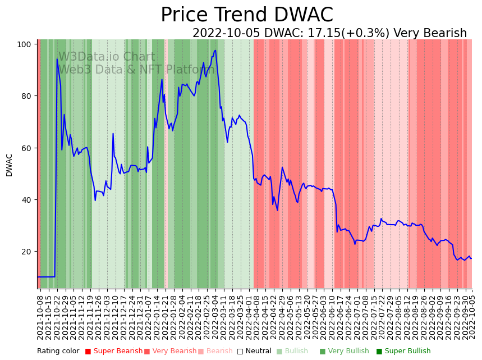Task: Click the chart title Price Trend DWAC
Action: [x=247, y=15]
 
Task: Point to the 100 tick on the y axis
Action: [x=26, y=44]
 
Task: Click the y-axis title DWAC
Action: [x=9, y=165]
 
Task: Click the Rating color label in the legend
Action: [x=58, y=351]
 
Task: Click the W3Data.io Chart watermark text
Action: [x=107, y=57]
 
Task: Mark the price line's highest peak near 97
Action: [x=215, y=51]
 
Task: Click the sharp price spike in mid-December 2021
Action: [x=113, y=134]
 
